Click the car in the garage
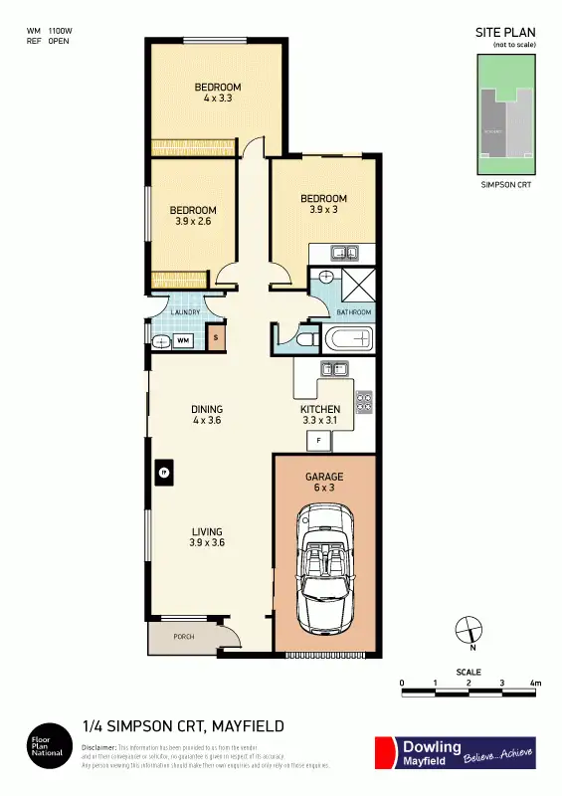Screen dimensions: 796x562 [x=324, y=563]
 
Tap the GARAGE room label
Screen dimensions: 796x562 [x=324, y=478]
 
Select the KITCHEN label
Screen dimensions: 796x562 [x=320, y=409]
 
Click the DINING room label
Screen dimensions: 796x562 [x=207, y=409]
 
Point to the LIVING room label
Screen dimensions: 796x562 [x=206, y=531]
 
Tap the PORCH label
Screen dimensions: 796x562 [x=183, y=637]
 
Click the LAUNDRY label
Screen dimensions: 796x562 [x=185, y=312]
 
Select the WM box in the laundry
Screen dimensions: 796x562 [x=184, y=340]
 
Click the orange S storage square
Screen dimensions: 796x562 [x=218, y=339]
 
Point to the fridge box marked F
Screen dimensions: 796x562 [x=318, y=439]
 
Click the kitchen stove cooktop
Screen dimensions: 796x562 [x=364, y=402]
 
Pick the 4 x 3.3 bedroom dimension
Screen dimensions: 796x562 [x=217, y=99]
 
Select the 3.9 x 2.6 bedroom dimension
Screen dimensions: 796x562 [x=193, y=222]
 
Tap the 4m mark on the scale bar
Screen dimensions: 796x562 [x=534, y=684]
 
